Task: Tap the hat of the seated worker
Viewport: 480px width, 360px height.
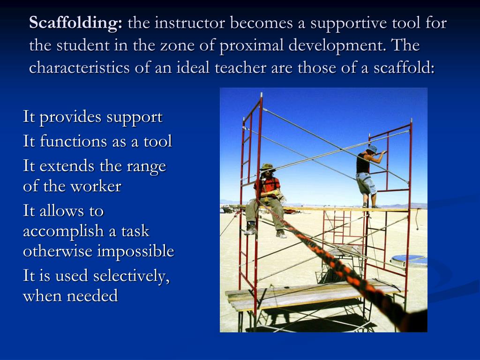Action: tap(268, 167)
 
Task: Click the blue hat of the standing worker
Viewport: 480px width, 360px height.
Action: tap(372, 149)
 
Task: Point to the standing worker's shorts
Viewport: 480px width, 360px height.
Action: tap(366, 183)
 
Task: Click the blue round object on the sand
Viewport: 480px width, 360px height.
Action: tap(408, 259)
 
